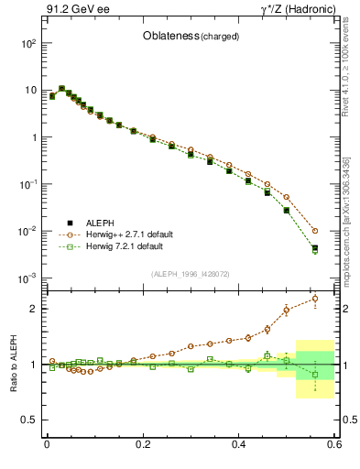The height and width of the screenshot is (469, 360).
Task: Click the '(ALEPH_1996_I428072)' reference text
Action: [x=190, y=273]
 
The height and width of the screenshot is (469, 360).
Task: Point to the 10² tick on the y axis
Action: [x=28, y=43]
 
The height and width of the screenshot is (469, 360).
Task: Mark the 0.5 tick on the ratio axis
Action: [x=31, y=420]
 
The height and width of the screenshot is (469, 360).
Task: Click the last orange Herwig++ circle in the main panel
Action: [x=315, y=231]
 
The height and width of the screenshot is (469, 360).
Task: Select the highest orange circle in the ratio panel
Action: [x=315, y=298]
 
